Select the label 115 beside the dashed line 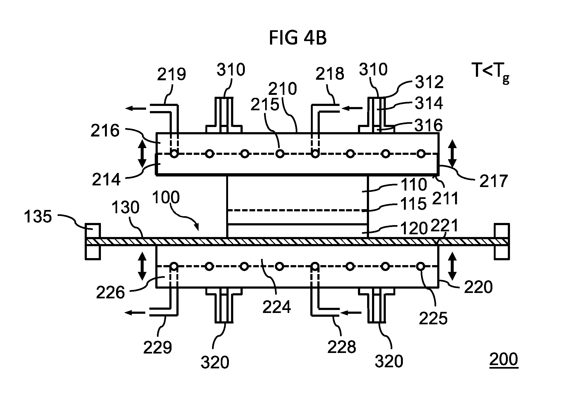pos(414,203)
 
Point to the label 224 pos(277,307)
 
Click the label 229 pos(158,347)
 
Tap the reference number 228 pos(342,347)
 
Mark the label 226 pos(110,292)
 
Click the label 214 pos(106,179)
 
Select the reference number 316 pos(429,125)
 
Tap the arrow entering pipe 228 pos(351,313)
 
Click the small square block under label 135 pos(93,231)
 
